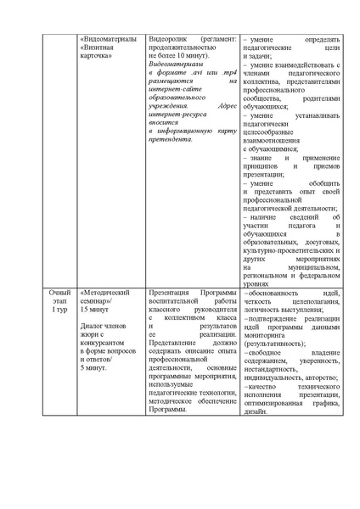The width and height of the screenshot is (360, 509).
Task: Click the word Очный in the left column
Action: click(59, 292)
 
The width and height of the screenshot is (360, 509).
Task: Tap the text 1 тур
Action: click(59, 310)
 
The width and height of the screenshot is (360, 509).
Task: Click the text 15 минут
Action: click(98, 310)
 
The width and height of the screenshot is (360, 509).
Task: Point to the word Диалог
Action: click(93, 326)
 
